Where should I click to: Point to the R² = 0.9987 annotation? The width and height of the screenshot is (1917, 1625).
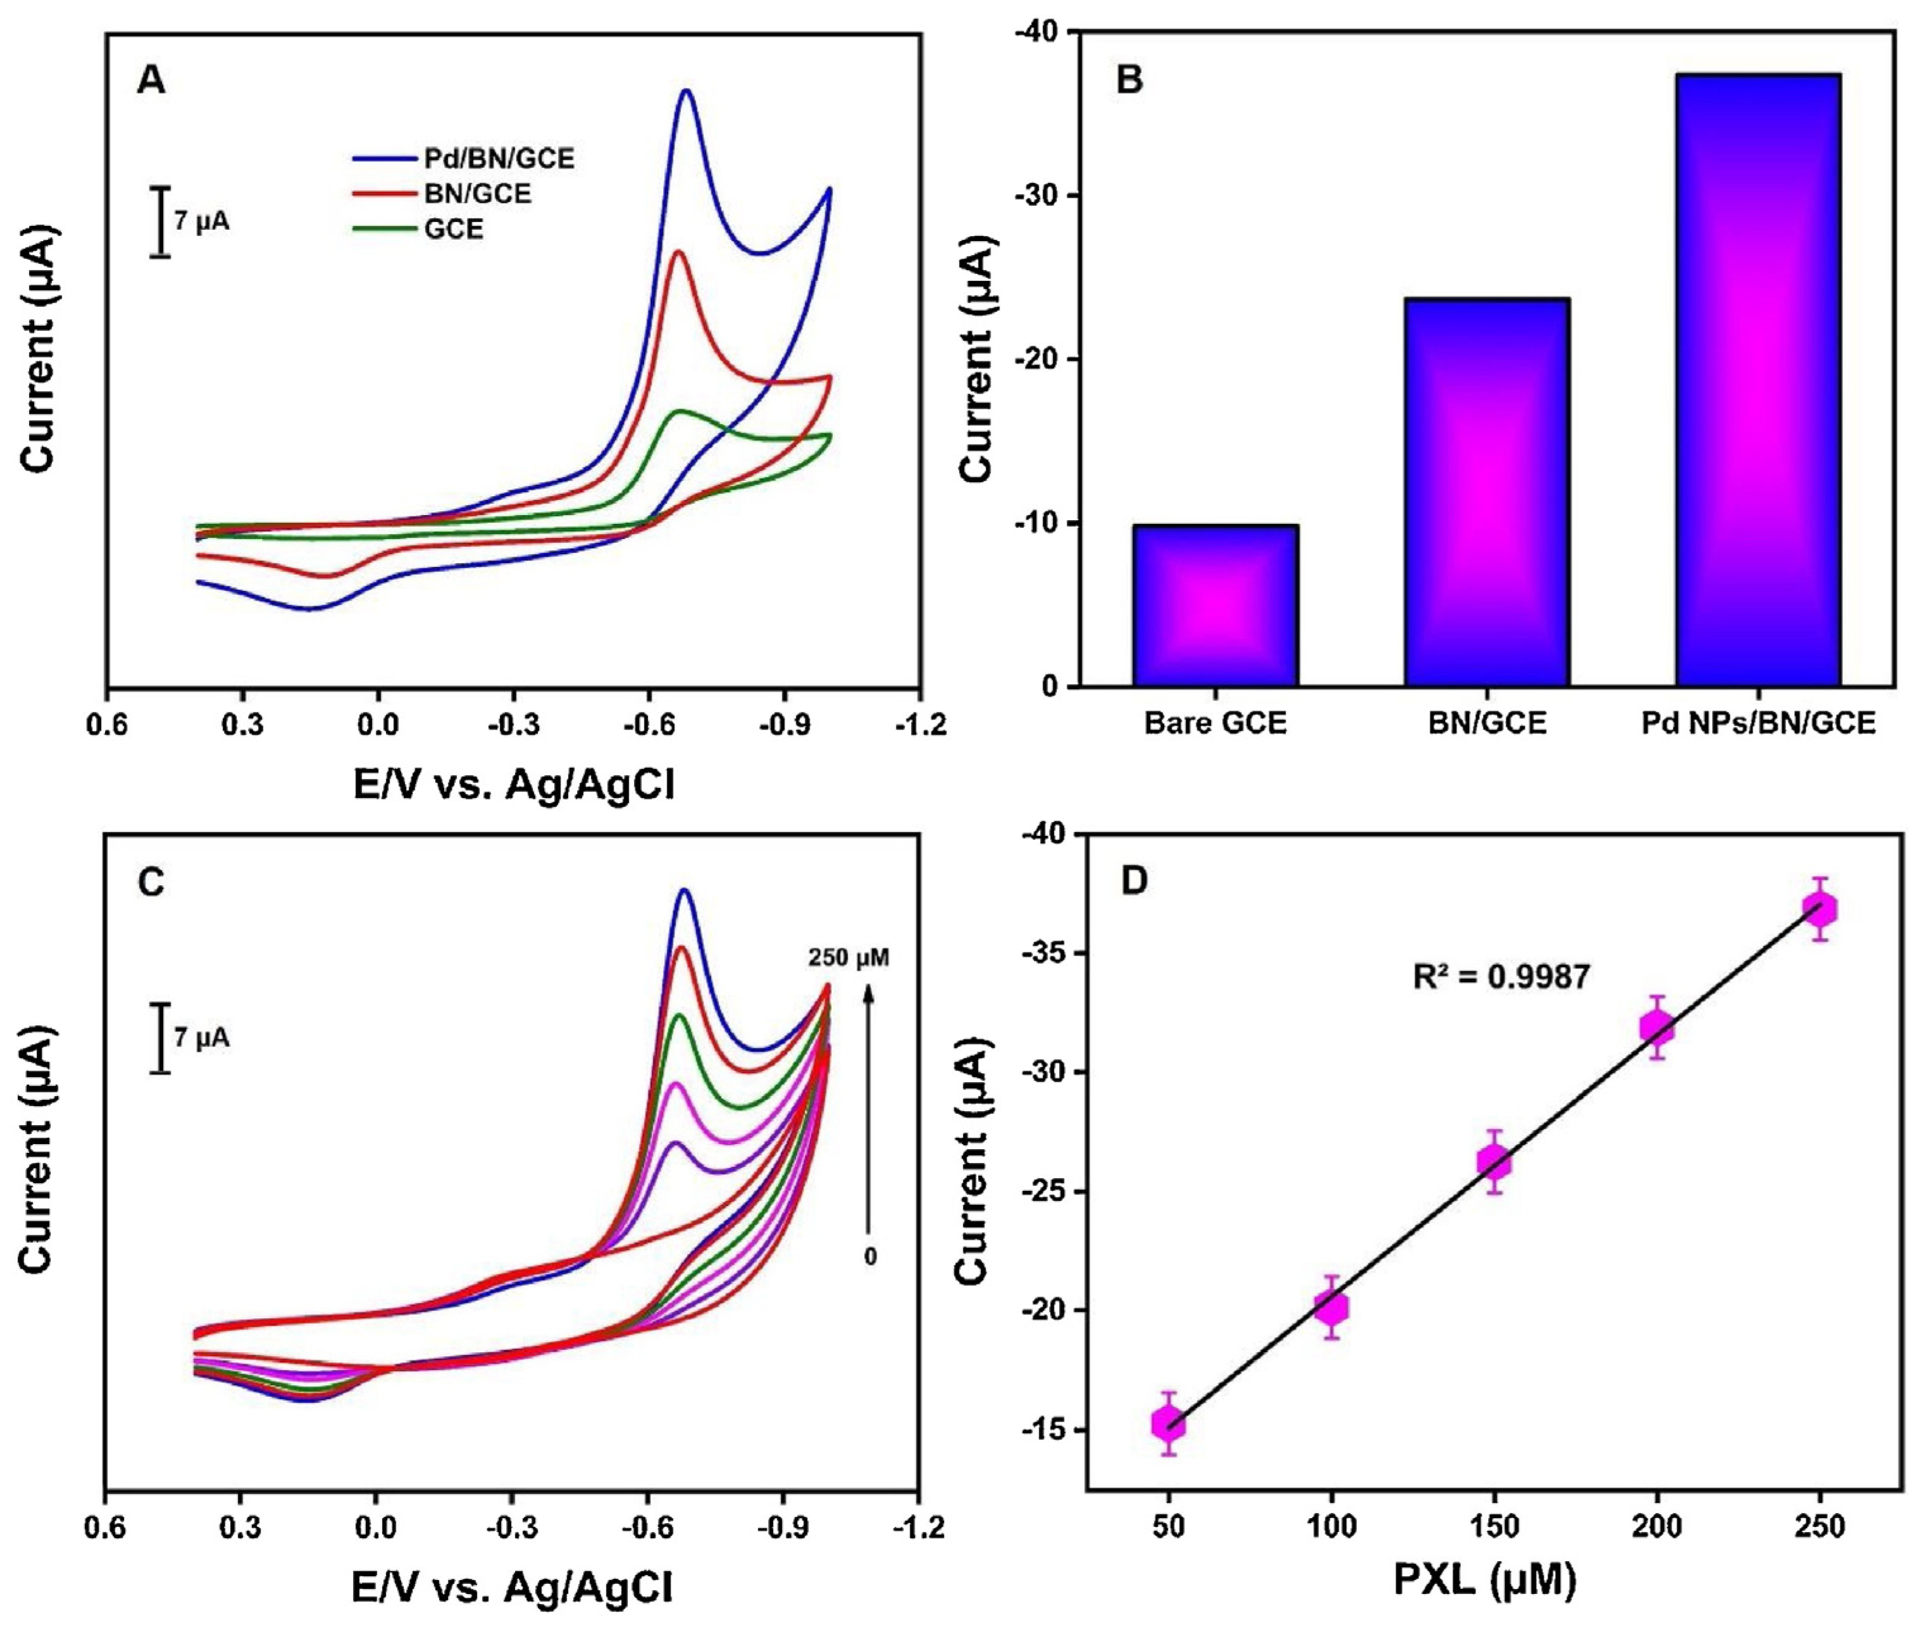click(x=1501, y=976)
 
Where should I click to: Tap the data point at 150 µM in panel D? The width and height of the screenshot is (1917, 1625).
click(x=1494, y=1162)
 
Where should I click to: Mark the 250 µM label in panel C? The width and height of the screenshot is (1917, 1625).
click(x=848, y=957)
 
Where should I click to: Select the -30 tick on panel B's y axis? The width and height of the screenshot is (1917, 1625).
click(x=1036, y=196)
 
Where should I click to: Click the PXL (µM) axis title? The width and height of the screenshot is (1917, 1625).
click(x=1484, y=1580)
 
